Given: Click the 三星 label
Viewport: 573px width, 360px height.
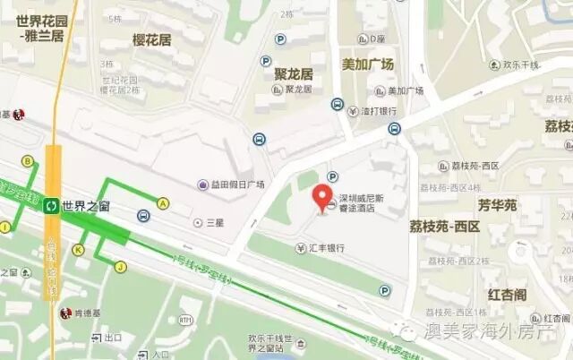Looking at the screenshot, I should [213, 221].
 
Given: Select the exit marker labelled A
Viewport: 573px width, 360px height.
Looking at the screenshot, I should [163, 203].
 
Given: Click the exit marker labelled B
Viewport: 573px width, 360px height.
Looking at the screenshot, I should [28, 161].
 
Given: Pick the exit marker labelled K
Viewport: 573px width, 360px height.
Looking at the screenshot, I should [80, 249].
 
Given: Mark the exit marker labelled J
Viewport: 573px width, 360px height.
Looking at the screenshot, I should [120, 265].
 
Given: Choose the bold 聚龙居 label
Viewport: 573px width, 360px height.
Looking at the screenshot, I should [294, 73].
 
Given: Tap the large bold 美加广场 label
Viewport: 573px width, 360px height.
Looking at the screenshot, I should [367, 64].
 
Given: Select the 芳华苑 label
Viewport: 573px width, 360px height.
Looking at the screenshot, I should [497, 205].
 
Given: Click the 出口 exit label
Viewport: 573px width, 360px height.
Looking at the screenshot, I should [114, 338].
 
